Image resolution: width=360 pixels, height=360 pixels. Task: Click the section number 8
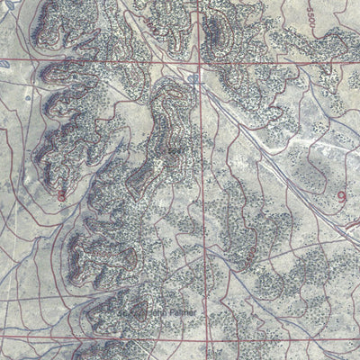(61, 194)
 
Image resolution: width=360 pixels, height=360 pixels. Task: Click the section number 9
(343, 194)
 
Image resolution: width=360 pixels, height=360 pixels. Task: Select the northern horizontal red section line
(90, 63)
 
